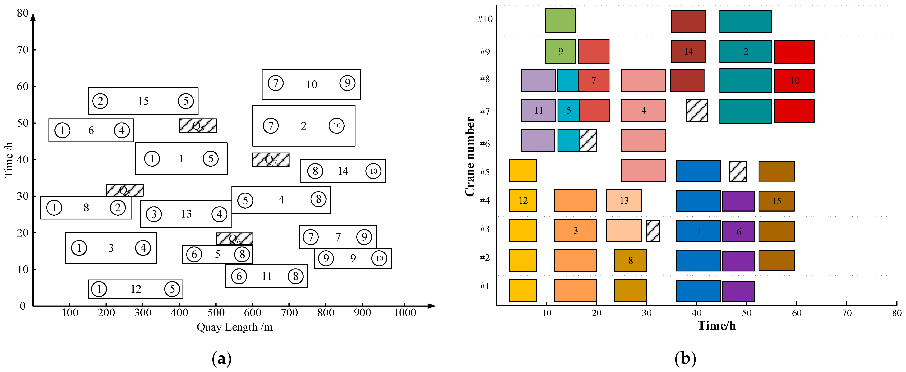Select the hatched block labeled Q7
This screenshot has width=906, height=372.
pyautogui.click(x=270, y=160)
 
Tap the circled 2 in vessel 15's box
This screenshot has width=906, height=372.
pyautogui.click(x=100, y=101)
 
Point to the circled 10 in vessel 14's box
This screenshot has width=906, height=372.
pyautogui.click(x=373, y=171)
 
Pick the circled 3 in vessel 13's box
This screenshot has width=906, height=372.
pyautogui.click(x=154, y=214)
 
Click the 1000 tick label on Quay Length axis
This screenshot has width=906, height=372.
pyautogui.click(x=405, y=313)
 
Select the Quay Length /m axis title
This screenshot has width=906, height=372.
pyautogui.click(x=235, y=327)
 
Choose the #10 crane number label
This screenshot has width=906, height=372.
pyautogui.click(x=485, y=19)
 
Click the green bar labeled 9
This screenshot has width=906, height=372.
pyautogui.click(x=560, y=51)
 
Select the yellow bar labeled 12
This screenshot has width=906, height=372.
pyautogui.click(x=523, y=200)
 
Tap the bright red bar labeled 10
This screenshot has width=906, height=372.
pyautogui.click(x=795, y=81)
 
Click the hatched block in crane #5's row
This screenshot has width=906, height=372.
pyautogui.click(x=738, y=171)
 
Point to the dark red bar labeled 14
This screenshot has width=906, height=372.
pyautogui.click(x=688, y=51)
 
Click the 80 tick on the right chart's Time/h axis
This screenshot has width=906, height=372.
pyautogui.click(x=896, y=313)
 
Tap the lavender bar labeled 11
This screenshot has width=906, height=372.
pyautogui.click(x=538, y=111)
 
